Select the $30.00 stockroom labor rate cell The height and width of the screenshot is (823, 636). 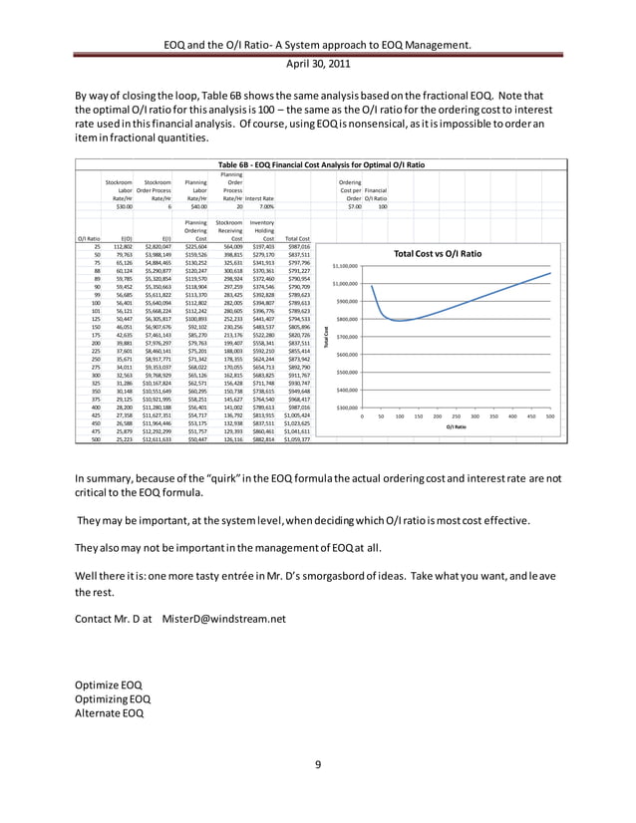point(125,205)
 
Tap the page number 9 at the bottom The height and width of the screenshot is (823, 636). point(317,764)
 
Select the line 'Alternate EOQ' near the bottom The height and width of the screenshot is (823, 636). point(110,712)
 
